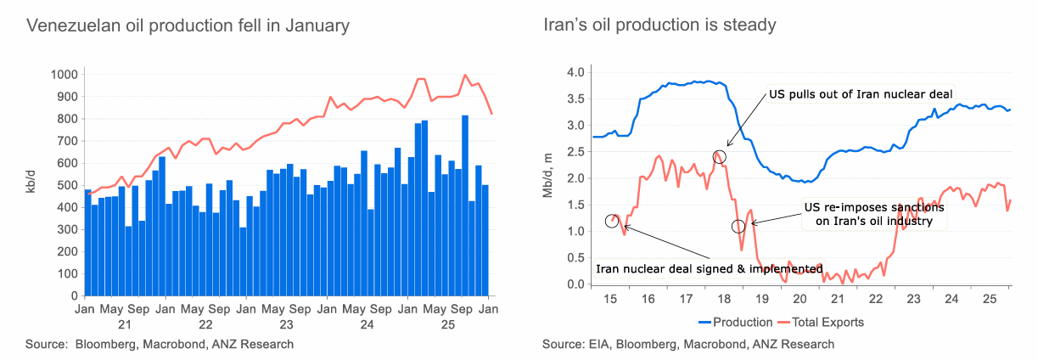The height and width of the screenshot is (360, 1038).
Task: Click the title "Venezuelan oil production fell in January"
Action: [x=188, y=25]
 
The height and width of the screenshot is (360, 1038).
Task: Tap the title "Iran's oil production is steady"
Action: [x=659, y=25]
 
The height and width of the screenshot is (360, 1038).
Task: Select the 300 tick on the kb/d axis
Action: [x=65, y=229]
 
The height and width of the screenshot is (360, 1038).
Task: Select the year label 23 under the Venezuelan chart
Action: [x=286, y=324]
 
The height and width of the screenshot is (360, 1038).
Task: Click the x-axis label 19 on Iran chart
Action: [x=760, y=300]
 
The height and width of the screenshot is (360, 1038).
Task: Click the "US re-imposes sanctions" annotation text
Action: [x=873, y=214]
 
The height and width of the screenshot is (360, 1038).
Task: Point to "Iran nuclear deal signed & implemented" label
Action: [x=709, y=269]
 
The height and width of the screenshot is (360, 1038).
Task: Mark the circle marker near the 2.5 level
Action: [x=720, y=156]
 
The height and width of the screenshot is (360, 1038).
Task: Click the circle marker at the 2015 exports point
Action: [x=612, y=221]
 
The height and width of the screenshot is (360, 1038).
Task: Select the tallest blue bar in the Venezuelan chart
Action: [x=465, y=204]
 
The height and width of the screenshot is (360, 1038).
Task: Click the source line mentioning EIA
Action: [x=688, y=345]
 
